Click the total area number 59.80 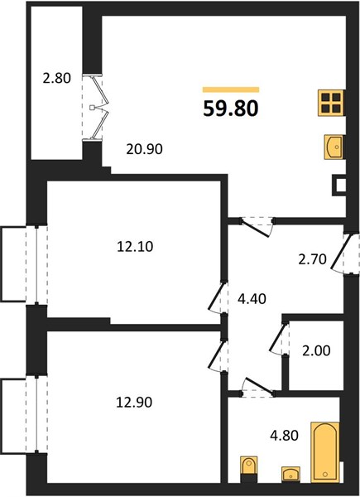tap(231, 109)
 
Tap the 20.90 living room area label tap(144, 148)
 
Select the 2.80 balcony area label tap(57, 78)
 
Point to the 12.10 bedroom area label tap(135, 246)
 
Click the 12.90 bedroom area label tap(134, 403)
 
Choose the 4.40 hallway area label tap(252, 298)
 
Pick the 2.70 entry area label tap(312, 259)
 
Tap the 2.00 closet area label tap(316, 350)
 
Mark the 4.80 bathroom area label tap(284, 436)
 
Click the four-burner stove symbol tap(331, 103)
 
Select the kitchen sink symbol tap(334, 147)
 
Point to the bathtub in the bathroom tap(325, 452)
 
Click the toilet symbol tap(249, 470)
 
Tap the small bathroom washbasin tap(291, 474)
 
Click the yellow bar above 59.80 tap(231, 89)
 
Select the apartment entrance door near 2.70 tap(342, 253)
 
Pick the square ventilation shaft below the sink tap(338, 186)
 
